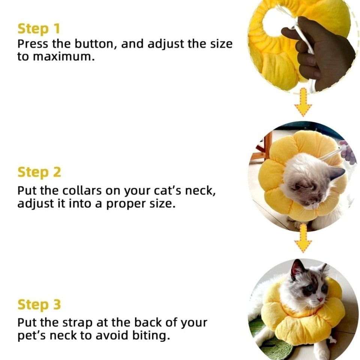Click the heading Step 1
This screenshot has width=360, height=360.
click(x=39, y=29)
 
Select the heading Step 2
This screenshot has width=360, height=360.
click(x=39, y=172)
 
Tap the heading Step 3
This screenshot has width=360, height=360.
click(x=39, y=304)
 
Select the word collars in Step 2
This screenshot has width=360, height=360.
click(x=81, y=191)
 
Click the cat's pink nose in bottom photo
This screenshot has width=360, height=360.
click(x=321, y=299)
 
